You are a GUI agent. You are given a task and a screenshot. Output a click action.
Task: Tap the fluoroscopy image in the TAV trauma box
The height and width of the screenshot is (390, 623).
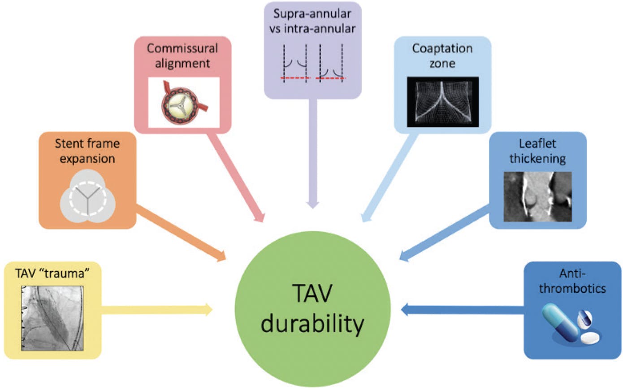tap(52, 318)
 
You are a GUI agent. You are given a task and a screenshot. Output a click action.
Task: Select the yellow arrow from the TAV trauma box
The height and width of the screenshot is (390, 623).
tap(157, 309)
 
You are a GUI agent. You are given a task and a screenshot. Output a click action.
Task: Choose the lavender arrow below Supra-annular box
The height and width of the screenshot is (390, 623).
tap(313, 152)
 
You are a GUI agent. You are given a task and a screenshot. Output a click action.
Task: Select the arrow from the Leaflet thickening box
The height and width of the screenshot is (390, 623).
tap(444, 233)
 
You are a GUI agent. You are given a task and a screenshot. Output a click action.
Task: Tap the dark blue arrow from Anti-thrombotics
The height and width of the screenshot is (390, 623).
tap(462, 309)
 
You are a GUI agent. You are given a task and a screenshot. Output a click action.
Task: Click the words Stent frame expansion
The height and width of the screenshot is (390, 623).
tap(87, 151)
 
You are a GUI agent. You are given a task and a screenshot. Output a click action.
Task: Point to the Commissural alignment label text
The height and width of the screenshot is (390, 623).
tap(182, 56)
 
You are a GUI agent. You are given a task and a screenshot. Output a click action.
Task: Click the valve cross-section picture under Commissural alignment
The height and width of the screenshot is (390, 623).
tap(183, 102)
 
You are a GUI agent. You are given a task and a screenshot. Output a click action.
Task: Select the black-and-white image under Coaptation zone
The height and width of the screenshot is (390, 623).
tap(442, 102)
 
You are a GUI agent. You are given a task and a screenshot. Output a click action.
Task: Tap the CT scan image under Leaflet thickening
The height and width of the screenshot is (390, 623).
tap(537, 197)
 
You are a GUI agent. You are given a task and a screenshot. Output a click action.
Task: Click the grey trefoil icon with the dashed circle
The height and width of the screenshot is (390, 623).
tap(88, 198)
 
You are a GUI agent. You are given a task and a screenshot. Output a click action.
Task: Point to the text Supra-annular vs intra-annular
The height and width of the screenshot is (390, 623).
tap(312, 21)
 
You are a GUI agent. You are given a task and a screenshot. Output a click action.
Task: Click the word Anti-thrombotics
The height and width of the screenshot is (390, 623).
tap(572, 281)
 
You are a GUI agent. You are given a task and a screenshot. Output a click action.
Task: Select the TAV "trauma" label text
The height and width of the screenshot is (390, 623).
tap(52, 273)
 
